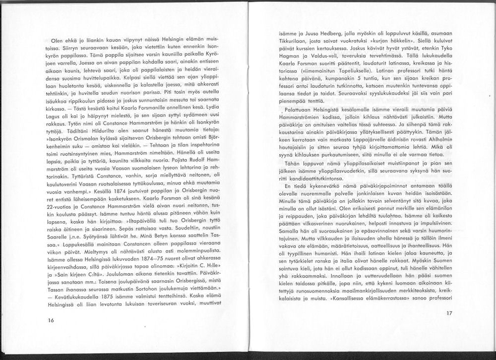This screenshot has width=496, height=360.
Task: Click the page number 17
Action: pyautogui.click(x=449, y=313)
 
